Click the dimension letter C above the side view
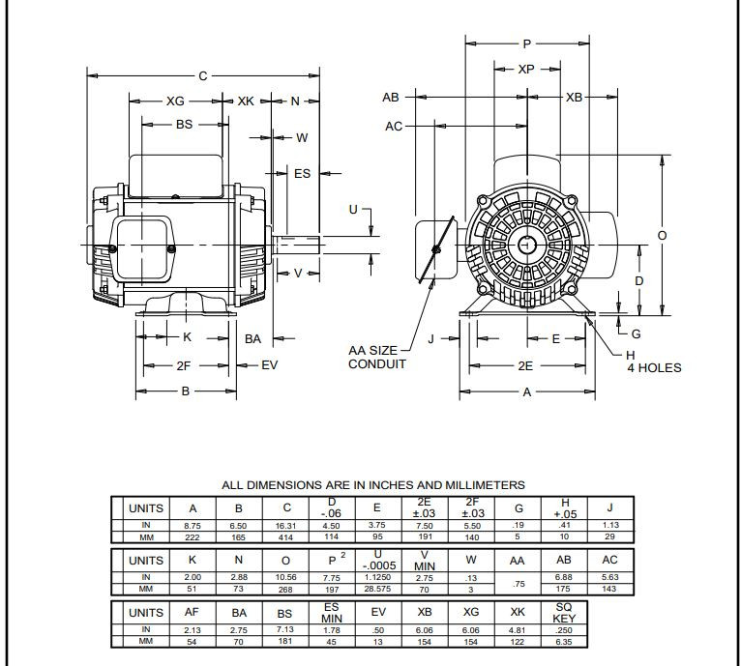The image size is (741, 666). coord(203,75)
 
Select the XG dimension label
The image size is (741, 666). coord(175,101)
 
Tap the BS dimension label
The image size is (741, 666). coord(184,124)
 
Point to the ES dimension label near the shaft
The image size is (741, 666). coord(302,174)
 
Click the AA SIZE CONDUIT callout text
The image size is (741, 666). coord(377,357)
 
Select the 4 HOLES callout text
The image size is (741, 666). coord(654,367)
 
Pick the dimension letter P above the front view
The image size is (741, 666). coord(527,43)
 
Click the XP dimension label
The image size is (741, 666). coord(526,69)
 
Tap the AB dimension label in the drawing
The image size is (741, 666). coord(391,98)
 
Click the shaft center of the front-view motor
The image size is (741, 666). coord(526,244)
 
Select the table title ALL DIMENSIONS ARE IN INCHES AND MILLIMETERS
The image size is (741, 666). coord(373,484)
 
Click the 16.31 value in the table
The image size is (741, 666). coord(286,525)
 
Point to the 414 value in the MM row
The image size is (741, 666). coord(286,535)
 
